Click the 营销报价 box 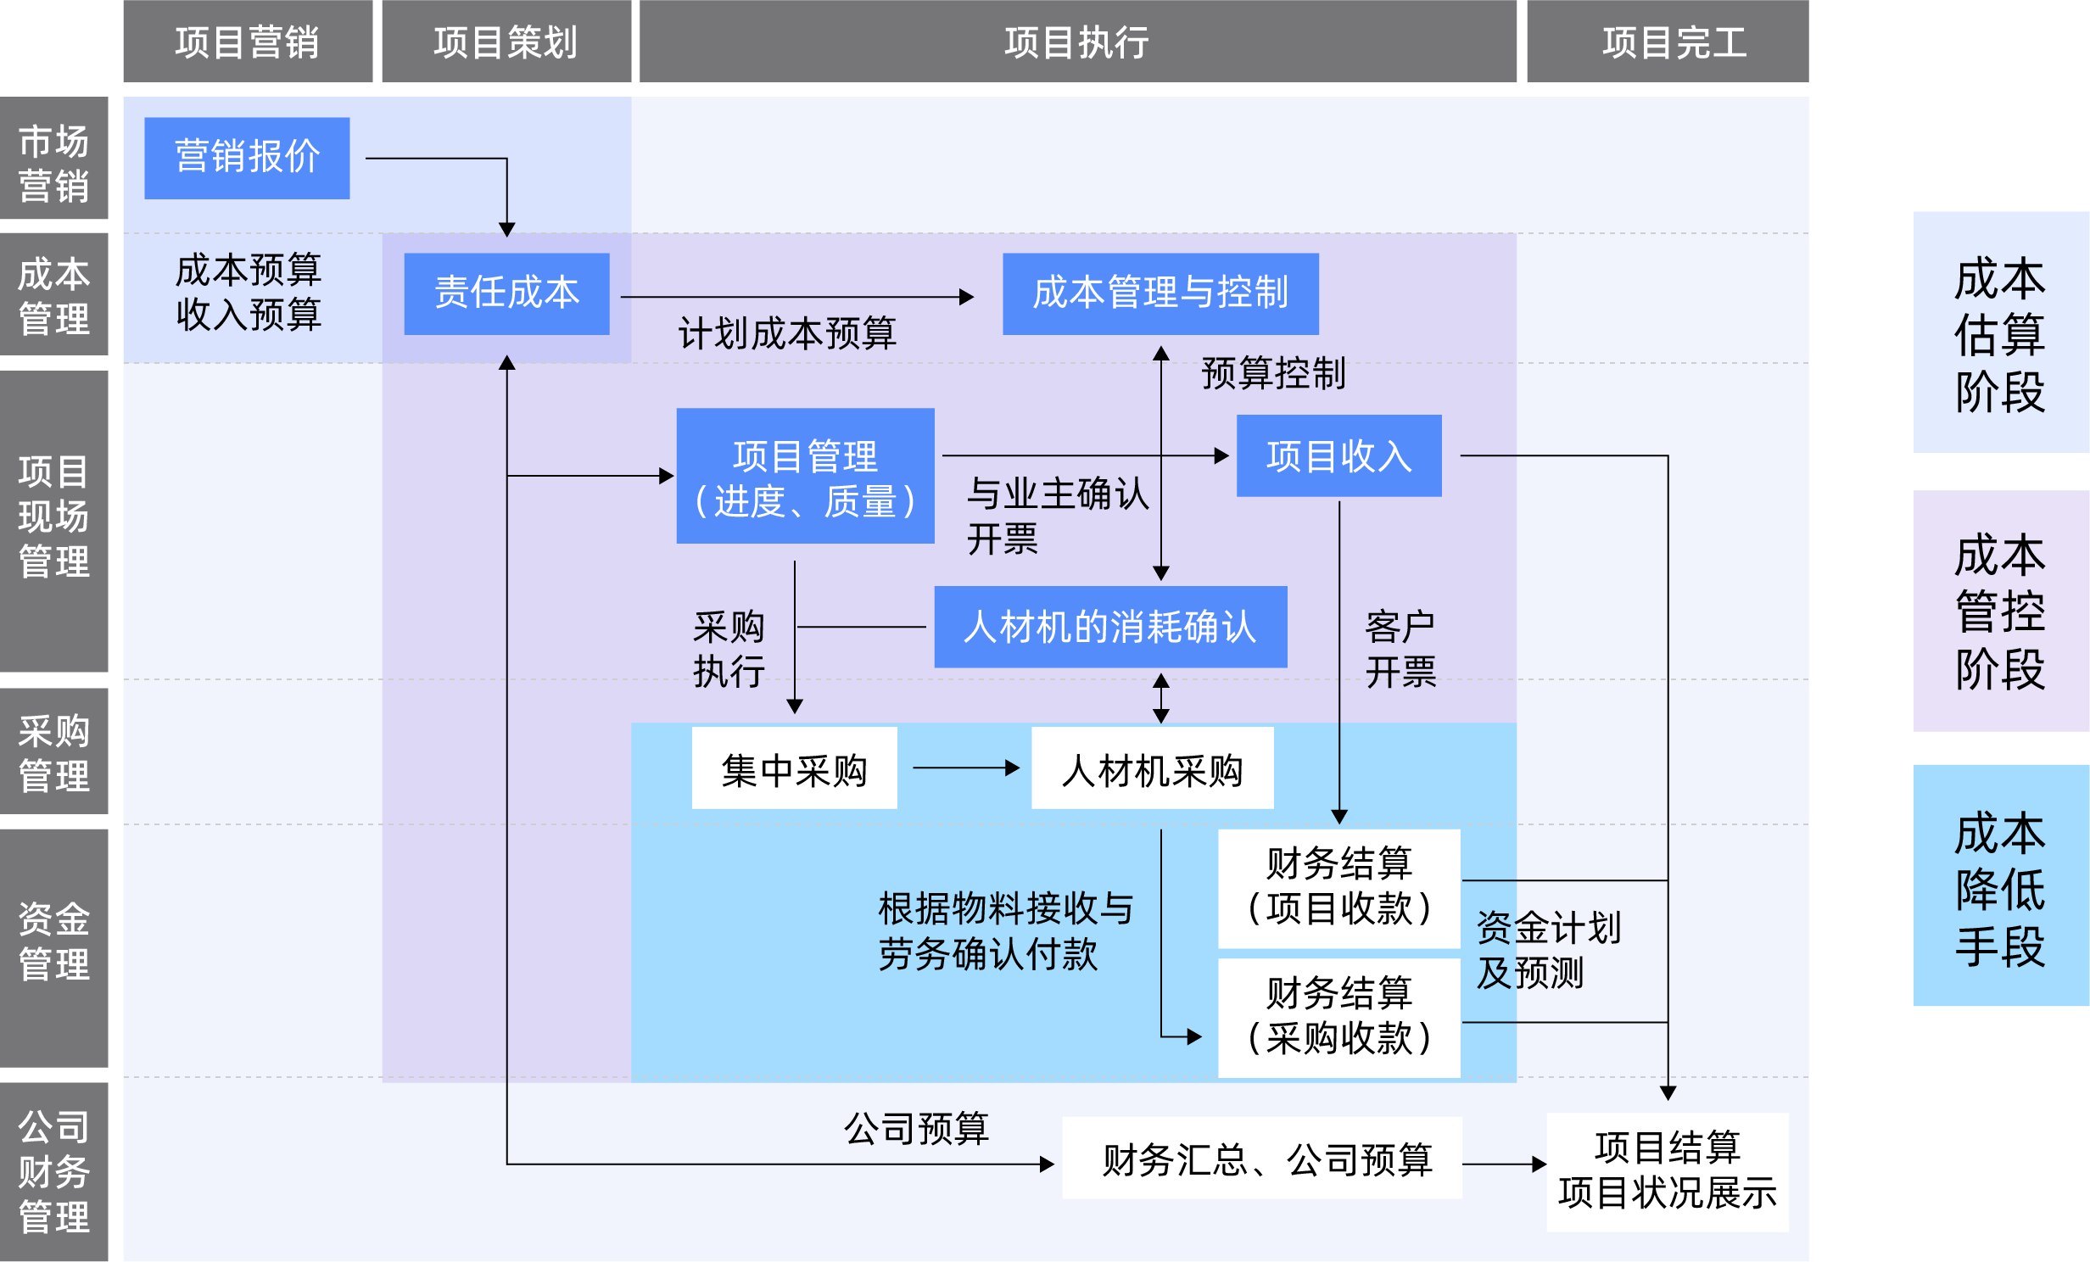click(247, 158)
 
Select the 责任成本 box click(506, 293)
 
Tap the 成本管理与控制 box click(1160, 293)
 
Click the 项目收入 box click(1338, 455)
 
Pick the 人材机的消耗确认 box click(1109, 627)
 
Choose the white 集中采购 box click(794, 768)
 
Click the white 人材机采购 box click(1152, 768)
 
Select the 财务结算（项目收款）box click(1338, 887)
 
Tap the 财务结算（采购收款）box click(1338, 1017)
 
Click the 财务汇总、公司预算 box click(1261, 1158)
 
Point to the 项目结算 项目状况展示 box click(1667, 1171)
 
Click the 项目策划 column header click(506, 42)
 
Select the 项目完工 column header click(1667, 42)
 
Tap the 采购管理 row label click(54, 751)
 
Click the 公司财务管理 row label click(54, 1171)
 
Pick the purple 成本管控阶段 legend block click(2000, 611)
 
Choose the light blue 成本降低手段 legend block click(2000, 885)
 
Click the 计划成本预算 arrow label click(786, 333)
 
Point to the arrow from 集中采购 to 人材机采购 click(965, 768)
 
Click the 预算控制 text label click(1273, 373)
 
